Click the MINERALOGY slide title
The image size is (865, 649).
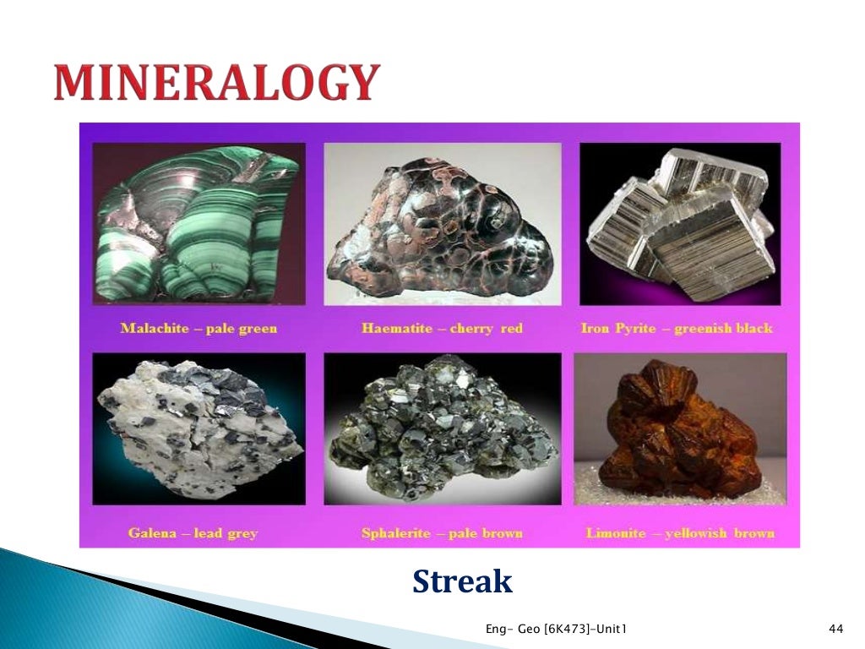pyautogui.click(x=216, y=83)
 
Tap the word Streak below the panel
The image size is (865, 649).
pyautogui.click(x=462, y=581)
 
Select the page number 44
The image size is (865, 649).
pyautogui.click(x=837, y=629)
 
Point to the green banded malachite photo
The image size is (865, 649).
pyautogui.click(x=199, y=225)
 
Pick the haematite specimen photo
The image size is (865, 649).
pyautogui.click(x=443, y=225)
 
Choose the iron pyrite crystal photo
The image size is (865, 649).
pyautogui.click(x=680, y=225)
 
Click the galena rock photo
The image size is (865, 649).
pyautogui.click(x=199, y=428)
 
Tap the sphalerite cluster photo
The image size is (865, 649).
pyautogui.click(x=443, y=428)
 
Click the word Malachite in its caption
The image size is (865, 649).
pyautogui.click(x=155, y=328)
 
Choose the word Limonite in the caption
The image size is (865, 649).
pyautogui.click(x=616, y=533)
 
